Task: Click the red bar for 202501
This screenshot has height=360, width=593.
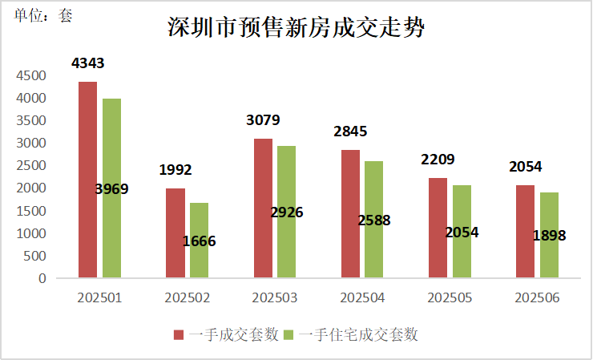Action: click(x=87, y=180)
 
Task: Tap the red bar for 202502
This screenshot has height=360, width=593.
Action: click(x=175, y=233)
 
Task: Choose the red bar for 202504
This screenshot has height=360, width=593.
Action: click(x=350, y=214)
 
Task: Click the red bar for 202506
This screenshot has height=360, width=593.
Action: click(x=525, y=232)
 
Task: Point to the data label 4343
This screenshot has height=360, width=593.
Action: click(x=87, y=63)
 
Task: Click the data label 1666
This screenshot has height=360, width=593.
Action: click(x=200, y=241)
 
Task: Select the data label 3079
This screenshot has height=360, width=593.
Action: click(x=263, y=121)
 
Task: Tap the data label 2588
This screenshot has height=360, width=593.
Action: click(x=374, y=220)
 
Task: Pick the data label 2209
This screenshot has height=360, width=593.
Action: click(x=438, y=160)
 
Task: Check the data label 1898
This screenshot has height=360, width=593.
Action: click(x=549, y=236)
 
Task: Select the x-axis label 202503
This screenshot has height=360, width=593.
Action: click(x=275, y=297)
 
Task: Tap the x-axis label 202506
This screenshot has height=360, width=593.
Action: click(x=537, y=297)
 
